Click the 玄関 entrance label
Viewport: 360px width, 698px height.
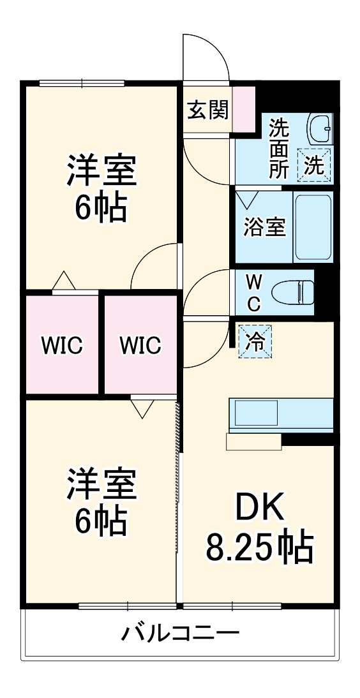coord(207,110)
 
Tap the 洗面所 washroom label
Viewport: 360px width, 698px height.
coord(278,148)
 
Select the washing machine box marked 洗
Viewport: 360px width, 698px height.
coord(317,165)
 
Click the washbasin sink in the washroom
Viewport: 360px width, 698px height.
coord(319,130)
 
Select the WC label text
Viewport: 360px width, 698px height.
coord(253,293)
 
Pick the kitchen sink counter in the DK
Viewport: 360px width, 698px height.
coord(281,415)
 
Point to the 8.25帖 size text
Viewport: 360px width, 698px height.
coord(259,547)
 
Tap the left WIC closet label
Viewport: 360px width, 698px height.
coord(62,346)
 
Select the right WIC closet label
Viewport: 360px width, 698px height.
coord(140,346)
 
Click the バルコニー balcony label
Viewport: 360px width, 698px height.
coord(181,634)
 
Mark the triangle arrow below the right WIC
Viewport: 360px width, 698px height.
coord(142,408)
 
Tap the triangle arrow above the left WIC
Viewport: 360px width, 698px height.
coord(63,281)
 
